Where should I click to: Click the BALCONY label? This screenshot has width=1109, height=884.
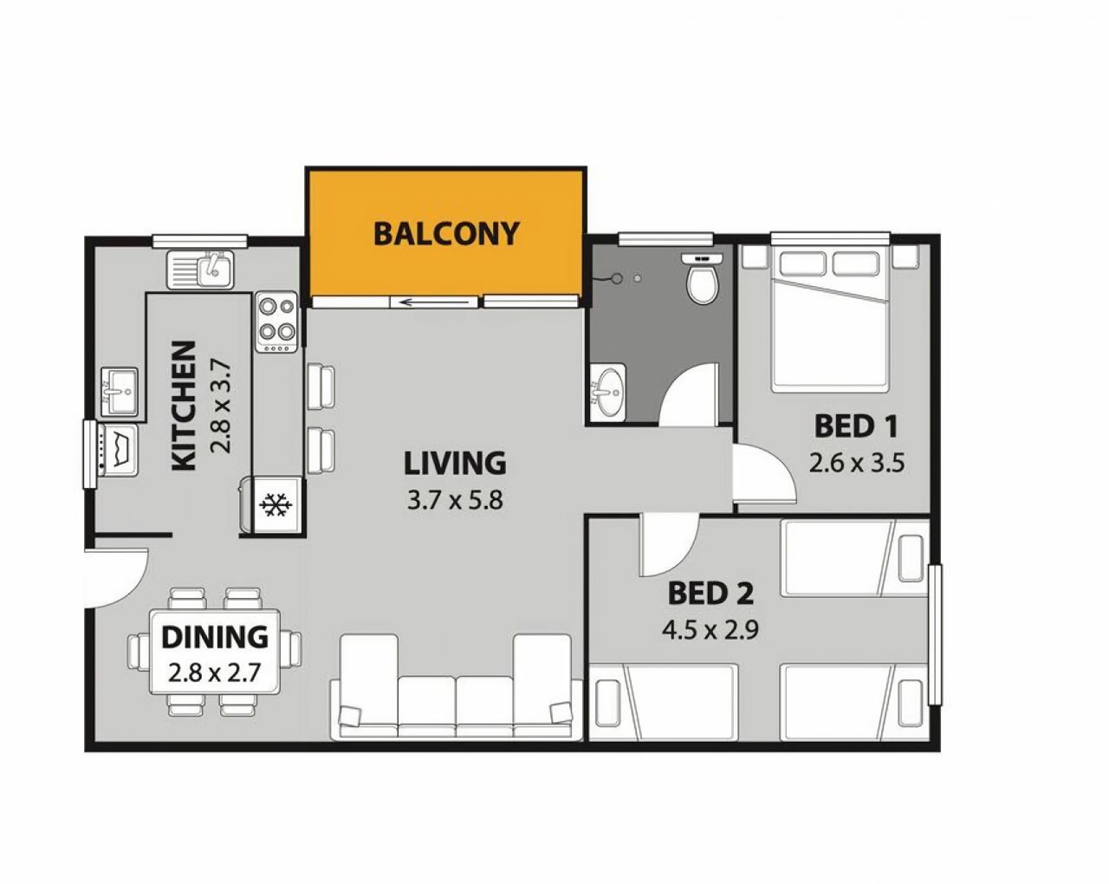tap(445, 233)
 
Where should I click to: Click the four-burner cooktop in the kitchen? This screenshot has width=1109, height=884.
tap(277, 322)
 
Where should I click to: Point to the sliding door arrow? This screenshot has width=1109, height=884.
tap(437, 302)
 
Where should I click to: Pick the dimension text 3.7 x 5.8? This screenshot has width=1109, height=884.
tap(455, 499)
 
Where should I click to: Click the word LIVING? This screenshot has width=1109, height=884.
tap(455, 462)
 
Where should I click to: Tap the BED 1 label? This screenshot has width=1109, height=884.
tap(856, 426)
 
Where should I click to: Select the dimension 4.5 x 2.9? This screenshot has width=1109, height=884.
tap(710, 629)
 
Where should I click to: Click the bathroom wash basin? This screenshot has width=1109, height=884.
tap(607, 393)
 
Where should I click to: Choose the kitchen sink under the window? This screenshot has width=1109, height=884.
tap(200, 269)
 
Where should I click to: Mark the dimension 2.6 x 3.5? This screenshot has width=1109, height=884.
tap(857, 463)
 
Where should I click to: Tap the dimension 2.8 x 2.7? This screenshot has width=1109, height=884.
tap(214, 673)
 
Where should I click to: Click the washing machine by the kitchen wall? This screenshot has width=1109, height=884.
tap(119, 450)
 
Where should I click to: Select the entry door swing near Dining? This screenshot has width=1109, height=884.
tap(117, 577)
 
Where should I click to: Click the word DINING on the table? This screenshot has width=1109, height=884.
tap(215, 637)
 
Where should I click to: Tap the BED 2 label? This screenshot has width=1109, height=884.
tap(710, 593)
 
